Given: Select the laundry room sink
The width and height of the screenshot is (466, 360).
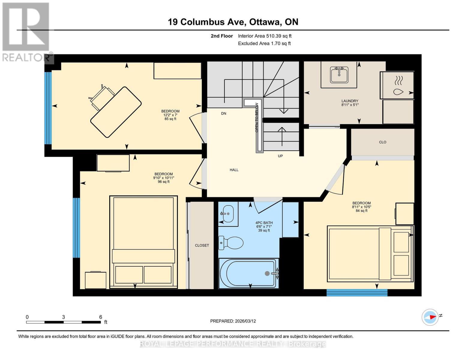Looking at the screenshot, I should pyautogui.click(x=339, y=75).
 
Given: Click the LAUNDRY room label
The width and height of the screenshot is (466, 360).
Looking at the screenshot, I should pyautogui.click(x=350, y=101).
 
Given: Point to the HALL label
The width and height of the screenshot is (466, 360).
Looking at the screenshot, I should pyautogui.click(x=234, y=170).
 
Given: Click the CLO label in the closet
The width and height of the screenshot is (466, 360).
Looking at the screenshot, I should pyautogui.click(x=383, y=142).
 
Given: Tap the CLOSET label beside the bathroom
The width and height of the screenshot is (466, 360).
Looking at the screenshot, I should pyautogui.click(x=202, y=245).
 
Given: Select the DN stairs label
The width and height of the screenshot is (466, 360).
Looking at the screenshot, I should pyautogui.click(x=224, y=113).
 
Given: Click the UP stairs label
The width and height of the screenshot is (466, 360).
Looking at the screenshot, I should pyautogui.click(x=280, y=156).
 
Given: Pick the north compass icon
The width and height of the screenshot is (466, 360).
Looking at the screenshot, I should pyautogui.click(x=430, y=317).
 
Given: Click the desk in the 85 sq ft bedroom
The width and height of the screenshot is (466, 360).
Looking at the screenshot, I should pyautogui.click(x=116, y=112).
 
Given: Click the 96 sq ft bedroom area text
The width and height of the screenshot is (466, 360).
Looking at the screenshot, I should pyautogui.click(x=164, y=182).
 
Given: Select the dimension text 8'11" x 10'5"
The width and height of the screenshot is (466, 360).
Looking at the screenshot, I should pyautogui.click(x=362, y=207).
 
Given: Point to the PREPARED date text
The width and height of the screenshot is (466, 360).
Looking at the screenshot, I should pyautogui.click(x=233, y=321).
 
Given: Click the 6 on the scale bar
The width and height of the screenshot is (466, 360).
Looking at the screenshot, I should pyautogui.click(x=101, y=317).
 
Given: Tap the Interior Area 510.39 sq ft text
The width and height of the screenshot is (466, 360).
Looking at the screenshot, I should pyautogui.click(x=265, y=36).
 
